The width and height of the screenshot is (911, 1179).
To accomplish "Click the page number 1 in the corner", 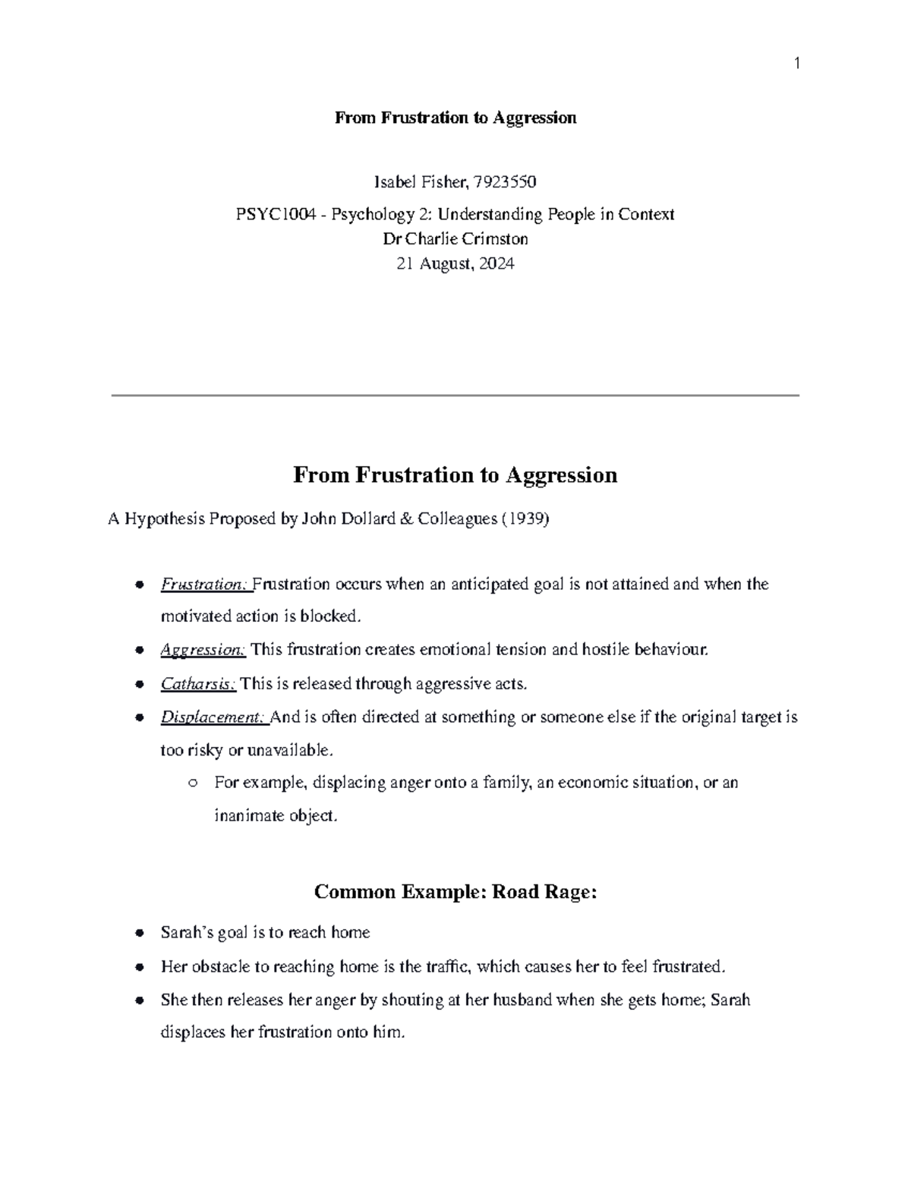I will [x=797, y=64].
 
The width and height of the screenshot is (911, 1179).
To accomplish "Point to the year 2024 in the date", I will [x=496, y=264].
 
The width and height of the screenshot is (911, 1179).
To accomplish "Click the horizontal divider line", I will [x=455, y=396].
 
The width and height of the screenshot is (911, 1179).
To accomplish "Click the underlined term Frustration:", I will [x=205, y=585].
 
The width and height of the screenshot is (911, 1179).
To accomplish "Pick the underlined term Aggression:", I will [x=203, y=650].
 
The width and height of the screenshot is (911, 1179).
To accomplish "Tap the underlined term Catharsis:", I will [x=198, y=684].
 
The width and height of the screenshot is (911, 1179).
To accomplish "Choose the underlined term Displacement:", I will [x=213, y=717].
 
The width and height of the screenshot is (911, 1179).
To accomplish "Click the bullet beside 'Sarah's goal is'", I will [x=139, y=933].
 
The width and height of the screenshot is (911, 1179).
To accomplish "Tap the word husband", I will [x=522, y=1001].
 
